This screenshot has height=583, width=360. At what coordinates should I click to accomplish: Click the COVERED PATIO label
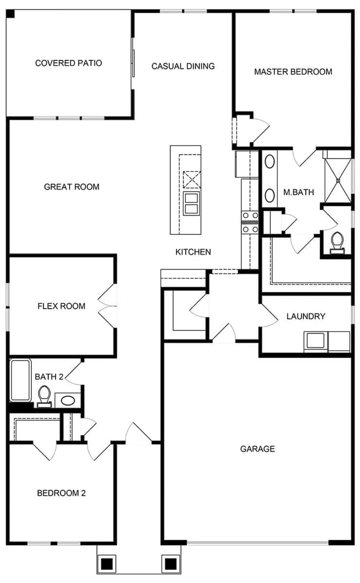[x=69, y=63]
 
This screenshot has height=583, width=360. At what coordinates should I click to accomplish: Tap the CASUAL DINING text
[x=183, y=66]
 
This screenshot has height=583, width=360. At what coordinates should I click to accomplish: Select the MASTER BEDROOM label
[x=293, y=72]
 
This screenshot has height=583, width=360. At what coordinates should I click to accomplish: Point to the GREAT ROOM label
[x=72, y=187]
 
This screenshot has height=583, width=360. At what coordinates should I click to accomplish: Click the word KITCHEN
[x=193, y=252]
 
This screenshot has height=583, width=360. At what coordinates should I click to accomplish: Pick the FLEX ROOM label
[x=61, y=306]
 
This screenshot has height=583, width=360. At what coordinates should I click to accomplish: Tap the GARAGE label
[x=257, y=449]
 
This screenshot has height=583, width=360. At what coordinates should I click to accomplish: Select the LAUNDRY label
[x=306, y=316]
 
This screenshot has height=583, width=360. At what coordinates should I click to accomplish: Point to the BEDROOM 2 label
[x=62, y=493]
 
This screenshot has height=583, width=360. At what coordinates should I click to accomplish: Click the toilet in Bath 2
[x=44, y=396]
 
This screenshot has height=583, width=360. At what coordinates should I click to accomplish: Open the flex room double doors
[x=108, y=306]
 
